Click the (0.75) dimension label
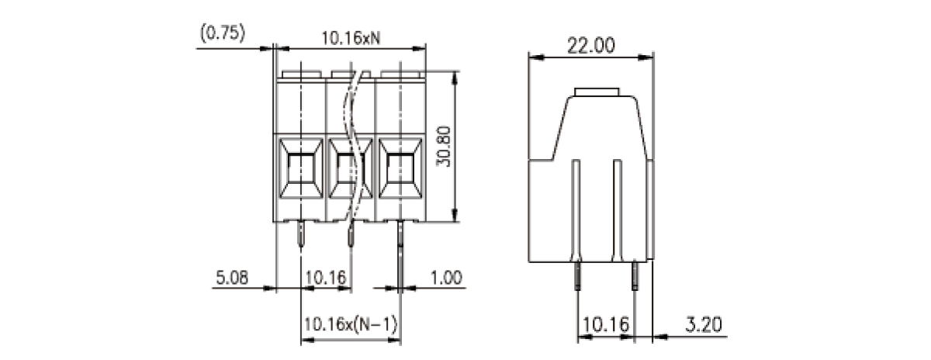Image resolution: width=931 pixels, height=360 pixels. point(223,33)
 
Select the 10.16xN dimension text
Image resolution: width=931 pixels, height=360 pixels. point(351,38)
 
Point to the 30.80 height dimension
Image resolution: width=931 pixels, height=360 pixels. point(444,147)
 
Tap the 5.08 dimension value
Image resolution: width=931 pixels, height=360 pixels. point(232,277)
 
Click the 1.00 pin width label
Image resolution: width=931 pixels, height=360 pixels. point(446,277)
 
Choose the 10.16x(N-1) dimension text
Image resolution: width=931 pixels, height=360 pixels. point(351,324)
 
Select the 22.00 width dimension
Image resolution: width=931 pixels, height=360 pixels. point(590,45)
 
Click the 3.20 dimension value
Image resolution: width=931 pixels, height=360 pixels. point(704,324)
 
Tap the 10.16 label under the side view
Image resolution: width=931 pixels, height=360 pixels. point(606,324)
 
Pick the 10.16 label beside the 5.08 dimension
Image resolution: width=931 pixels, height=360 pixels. point(325,277)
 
